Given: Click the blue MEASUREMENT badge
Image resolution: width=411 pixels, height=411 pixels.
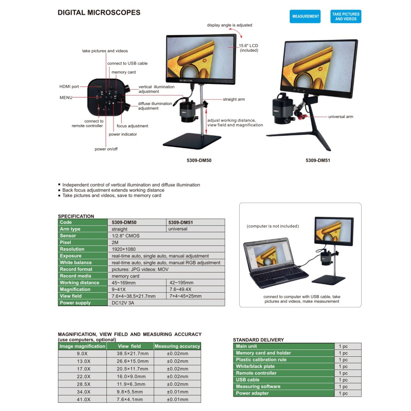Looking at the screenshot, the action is coord(305,16).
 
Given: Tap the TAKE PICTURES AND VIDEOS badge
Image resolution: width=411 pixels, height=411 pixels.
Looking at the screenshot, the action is coord(346,16).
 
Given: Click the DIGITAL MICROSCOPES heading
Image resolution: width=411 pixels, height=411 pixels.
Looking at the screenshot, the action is coord(99,13).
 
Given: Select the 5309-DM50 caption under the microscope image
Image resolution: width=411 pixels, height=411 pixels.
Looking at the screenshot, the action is coord(199,160).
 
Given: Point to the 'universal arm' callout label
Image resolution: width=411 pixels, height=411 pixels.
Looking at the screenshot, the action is coord(340,117).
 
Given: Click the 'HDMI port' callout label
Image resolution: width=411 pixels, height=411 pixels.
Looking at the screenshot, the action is coord(69,86).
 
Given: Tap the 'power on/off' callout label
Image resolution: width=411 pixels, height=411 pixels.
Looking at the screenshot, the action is coord(106,149).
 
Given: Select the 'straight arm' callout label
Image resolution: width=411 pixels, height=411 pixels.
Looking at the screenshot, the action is coord(234,99).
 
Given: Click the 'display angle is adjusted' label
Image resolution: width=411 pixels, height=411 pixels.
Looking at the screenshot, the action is coord(230,25).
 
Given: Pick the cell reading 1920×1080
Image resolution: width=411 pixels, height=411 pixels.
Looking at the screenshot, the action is coord(124,249).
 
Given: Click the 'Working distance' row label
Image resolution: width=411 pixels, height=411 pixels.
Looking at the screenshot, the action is coord(80,283).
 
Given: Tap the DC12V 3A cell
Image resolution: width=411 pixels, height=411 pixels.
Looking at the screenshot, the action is coord(123,303).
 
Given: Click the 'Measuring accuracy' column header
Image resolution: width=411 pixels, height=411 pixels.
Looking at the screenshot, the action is coord(177,346).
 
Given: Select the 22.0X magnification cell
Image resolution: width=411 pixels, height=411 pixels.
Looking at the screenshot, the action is coord(83,376).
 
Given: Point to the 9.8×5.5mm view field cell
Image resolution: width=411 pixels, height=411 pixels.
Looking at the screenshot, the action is coord(130,392).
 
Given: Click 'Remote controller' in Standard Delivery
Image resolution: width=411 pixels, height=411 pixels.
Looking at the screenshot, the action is coord(256,373).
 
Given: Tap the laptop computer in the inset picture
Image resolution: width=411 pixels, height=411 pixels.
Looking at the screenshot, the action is coord(275,263).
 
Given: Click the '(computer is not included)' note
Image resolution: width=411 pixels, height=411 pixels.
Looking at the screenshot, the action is coord(272,226).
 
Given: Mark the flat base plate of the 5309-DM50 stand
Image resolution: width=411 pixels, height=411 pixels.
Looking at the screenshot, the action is coord(192,141).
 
